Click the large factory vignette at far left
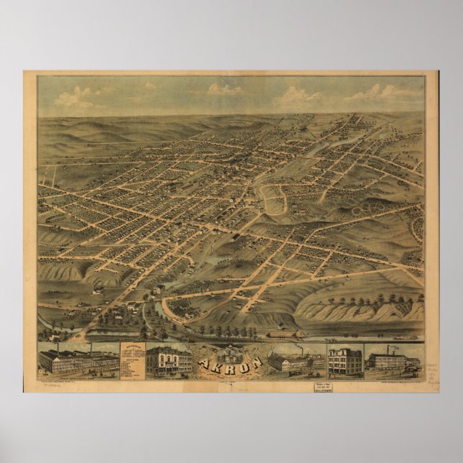(78, 359)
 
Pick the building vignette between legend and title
(168, 360)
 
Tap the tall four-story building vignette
(344, 361)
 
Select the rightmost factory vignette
(393, 360)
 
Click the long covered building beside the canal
(285, 334)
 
